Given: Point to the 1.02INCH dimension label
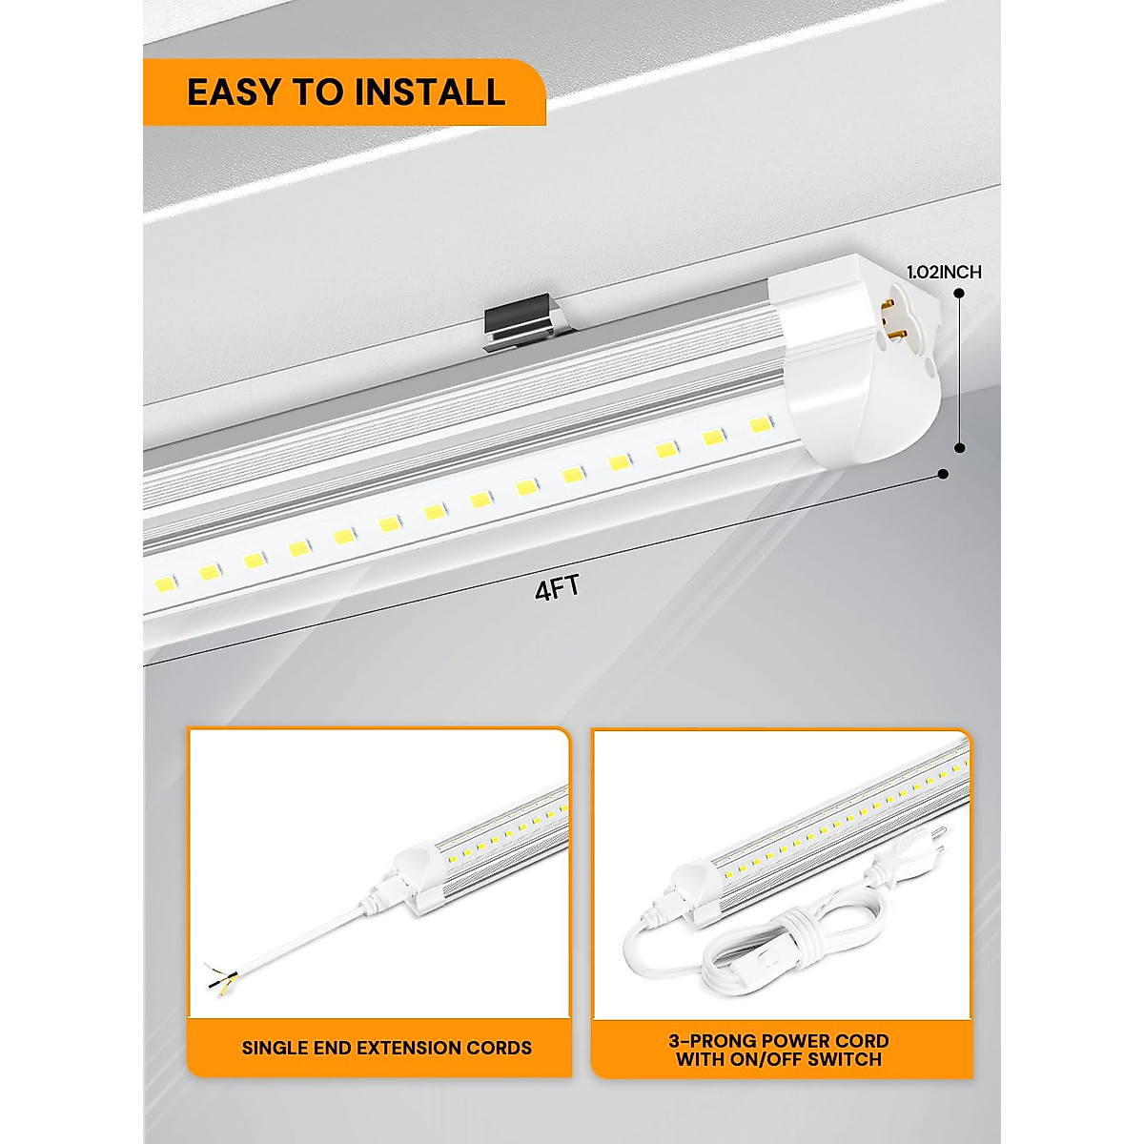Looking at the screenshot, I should point(944,272).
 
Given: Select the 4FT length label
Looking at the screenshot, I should point(557,588).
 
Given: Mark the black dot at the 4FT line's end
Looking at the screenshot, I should point(943,474).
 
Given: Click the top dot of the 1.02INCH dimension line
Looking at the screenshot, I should point(959,296).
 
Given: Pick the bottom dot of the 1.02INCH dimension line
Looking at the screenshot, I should point(959,447).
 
